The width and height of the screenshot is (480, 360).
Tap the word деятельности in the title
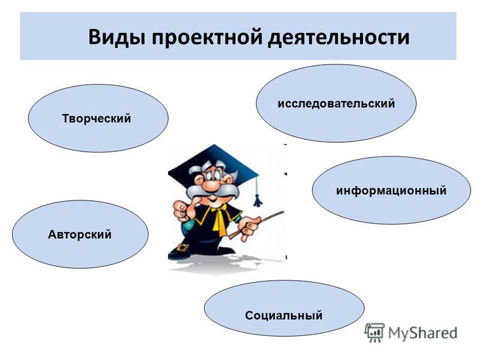point(339,38)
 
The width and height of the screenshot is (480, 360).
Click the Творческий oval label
point(97,118)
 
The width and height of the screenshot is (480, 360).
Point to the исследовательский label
point(336,103)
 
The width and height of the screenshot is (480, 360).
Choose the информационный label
point(391,190)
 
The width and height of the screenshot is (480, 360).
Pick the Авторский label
point(80,235)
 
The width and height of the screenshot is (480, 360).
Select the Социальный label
point(283,315)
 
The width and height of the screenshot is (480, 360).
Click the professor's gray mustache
point(212,191)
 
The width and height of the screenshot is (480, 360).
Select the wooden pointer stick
point(256,224)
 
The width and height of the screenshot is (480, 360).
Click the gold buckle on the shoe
point(183,248)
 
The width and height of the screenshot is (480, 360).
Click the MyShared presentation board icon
point(374,332)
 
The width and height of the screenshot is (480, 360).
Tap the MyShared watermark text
point(422,333)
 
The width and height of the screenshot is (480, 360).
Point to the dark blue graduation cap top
point(214,161)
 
